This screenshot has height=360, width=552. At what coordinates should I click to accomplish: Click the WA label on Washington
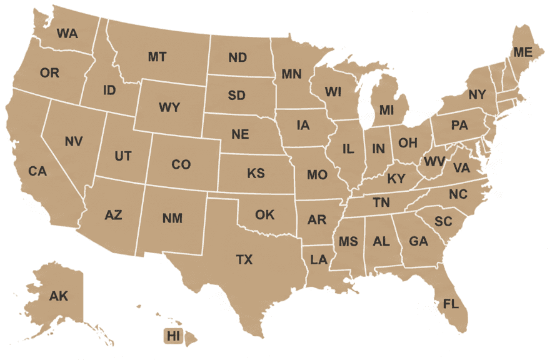[x=67, y=34]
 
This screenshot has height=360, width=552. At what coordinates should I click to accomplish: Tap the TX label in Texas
[x=244, y=259]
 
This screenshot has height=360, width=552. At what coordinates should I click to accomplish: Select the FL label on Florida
[x=451, y=304]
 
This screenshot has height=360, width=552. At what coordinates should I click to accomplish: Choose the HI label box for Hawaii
[x=173, y=336]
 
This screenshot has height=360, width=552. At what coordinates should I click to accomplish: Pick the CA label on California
[x=38, y=171]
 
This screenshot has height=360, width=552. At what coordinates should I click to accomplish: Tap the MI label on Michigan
[x=386, y=111]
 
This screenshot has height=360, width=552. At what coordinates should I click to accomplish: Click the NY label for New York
[x=477, y=95]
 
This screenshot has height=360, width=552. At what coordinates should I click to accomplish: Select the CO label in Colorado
[x=181, y=164]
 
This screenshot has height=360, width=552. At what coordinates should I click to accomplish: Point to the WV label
[x=434, y=162]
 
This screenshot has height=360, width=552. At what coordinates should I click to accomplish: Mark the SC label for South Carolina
[x=443, y=221]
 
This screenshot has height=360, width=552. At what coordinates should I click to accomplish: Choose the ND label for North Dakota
[x=238, y=57]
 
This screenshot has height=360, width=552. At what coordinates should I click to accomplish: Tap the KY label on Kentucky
[x=396, y=179]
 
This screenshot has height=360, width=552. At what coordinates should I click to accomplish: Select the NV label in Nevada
[x=73, y=141]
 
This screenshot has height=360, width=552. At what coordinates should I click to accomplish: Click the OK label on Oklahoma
[x=264, y=215]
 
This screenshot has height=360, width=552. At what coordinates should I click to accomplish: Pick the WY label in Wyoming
[x=169, y=107]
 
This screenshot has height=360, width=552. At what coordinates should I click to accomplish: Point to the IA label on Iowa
[x=303, y=125]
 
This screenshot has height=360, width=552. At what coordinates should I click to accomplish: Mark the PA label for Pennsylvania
[x=459, y=126]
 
